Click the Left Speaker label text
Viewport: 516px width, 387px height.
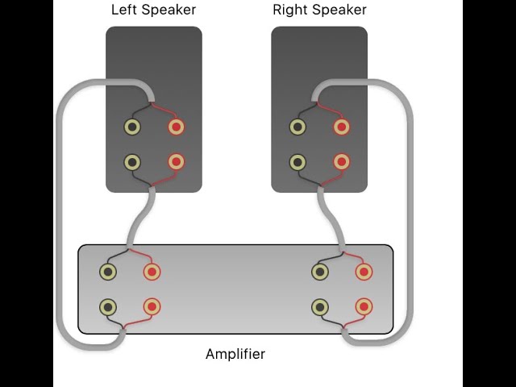coord(153,10)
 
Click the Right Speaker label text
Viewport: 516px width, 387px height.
coord(319,10)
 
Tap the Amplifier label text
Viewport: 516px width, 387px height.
coord(235,354)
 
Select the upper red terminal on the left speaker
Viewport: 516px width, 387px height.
coord(176,127)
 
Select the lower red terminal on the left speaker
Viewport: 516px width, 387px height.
coord(176,162)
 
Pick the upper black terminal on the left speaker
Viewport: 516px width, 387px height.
coord(132,127)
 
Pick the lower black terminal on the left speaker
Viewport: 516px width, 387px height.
coord(132,162)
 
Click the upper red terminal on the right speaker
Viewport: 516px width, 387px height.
coord(341,127)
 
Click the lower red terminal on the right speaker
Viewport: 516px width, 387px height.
coord(341,162)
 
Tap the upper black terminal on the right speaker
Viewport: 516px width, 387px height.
coord(298,127)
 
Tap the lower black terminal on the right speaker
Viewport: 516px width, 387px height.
coord(298,162)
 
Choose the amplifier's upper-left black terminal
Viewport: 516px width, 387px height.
coord(107,272)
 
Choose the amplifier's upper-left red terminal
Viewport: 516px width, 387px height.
coord(152,272)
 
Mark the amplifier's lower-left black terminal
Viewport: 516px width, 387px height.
coord(107,306)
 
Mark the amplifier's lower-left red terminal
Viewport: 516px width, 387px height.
coord(152,306)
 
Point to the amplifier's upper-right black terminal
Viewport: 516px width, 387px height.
coord(320,272)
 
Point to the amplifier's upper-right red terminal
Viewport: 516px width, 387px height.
coord(364,272)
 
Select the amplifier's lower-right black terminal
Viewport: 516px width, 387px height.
coord(320,306)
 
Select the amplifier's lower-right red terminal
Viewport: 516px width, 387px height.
coord(364,306)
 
